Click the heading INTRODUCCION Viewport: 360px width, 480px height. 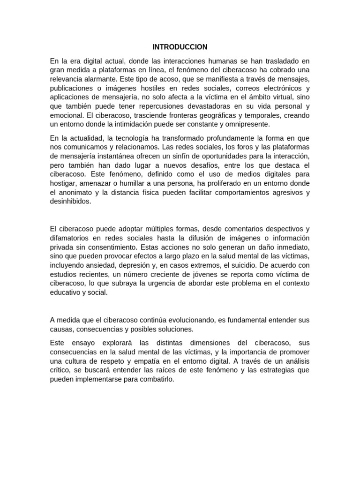click(180, 47)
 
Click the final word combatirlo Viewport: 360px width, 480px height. click(157, 379)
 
